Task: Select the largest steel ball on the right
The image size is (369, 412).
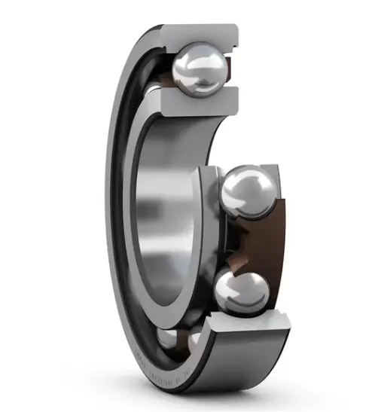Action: pyautogui.click(x=248, y=193)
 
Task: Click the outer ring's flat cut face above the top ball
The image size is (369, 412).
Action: pyautogui.click(x=200, y=34)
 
